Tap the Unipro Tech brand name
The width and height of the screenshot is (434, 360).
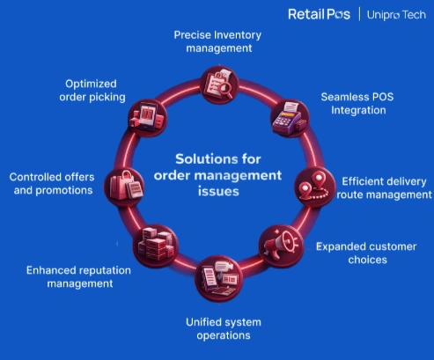[x=395, y=14]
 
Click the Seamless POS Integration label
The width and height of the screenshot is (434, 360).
[x=356, y=104]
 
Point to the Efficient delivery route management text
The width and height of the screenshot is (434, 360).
[x=385, y=186]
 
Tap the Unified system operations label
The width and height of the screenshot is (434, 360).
[x=217, y=327]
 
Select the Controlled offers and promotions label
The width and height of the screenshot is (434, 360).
[x=51, y=183]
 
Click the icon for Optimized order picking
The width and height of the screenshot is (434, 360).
[x=148, y=115]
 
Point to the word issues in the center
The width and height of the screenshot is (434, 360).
[x=217, y=190]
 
